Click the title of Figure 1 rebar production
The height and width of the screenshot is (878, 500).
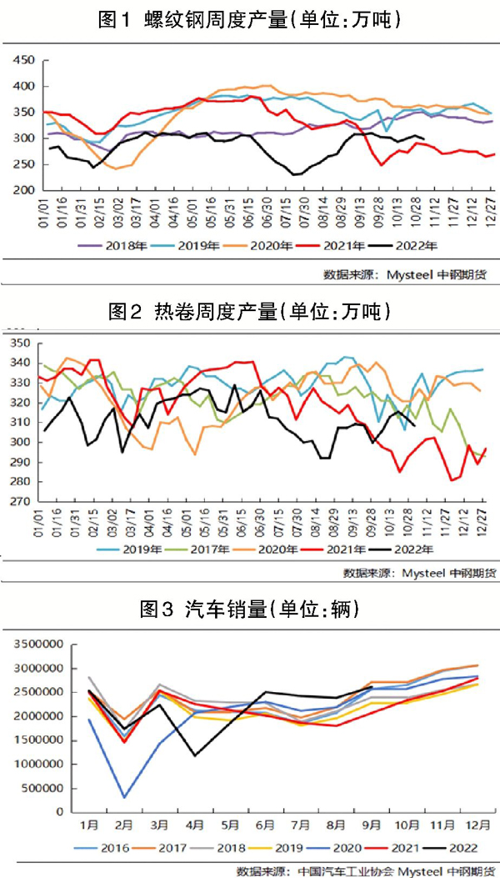tap(249, 19)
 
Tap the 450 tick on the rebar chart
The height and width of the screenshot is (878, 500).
tap(24, 60)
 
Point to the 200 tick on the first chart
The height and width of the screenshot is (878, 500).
tap(24, 190)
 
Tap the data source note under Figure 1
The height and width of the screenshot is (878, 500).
tap(408, 274)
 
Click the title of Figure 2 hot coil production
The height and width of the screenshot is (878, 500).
tap(249, 312)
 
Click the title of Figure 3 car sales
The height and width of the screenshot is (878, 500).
tap(249, 610)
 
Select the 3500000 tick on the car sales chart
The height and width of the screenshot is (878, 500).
tap(37, 645)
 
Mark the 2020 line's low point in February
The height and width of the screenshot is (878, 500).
tap(125, 798)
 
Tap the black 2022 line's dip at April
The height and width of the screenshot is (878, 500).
tap(195, 755)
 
